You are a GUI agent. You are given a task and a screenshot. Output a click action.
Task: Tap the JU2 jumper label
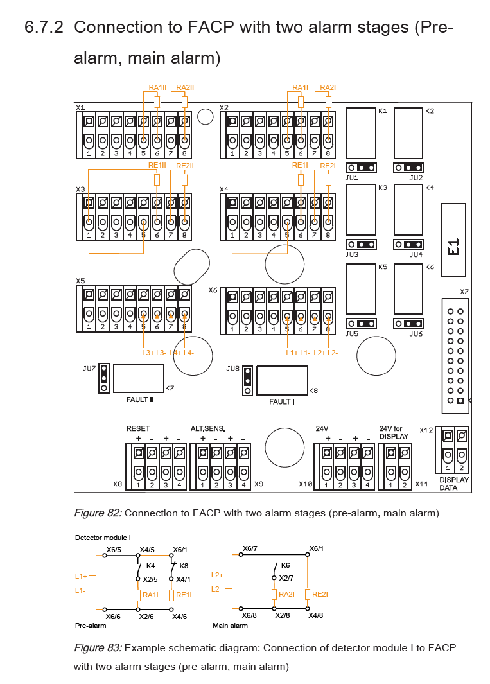tap(416, 178)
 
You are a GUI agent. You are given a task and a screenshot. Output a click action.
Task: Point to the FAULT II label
tap(140, 399)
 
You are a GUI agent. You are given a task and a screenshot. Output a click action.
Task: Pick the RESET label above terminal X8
tap(138, 428)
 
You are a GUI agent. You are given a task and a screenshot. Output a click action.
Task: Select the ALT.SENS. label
tap(209, 428)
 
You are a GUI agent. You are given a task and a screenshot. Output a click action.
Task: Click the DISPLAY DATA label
tap(453, 484)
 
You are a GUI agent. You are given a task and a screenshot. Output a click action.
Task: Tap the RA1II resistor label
tap(157, 87)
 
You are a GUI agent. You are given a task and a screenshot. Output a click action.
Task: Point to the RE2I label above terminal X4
tap(328, 166)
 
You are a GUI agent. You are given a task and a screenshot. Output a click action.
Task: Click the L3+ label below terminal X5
tap(148, 353)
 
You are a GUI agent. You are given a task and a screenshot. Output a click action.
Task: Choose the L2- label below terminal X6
tap(333, 353)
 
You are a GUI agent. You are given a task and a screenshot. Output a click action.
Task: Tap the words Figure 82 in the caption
tap(97, 513)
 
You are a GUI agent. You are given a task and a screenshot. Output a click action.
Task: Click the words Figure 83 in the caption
tap(97, 647)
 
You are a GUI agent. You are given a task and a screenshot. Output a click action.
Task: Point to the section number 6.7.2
tap(44, 28)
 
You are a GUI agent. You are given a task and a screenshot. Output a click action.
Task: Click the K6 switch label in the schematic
tap(286, 565)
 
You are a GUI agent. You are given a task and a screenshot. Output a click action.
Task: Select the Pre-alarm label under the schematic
tap(91, 625)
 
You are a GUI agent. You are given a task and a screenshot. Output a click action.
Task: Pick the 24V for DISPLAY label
tap(394, 432)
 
